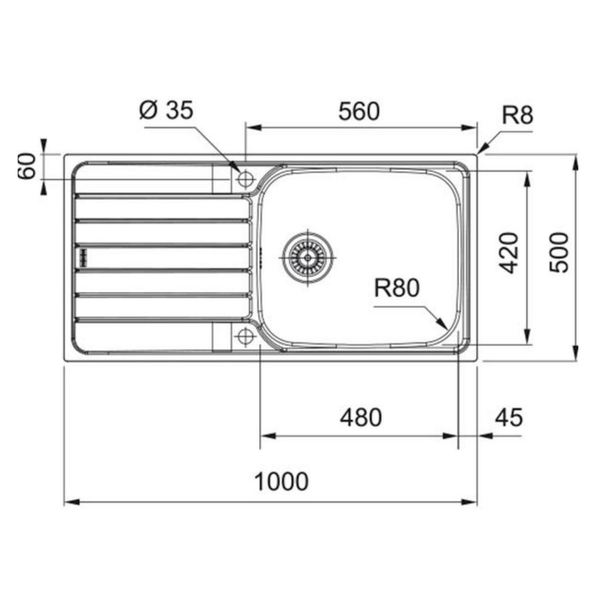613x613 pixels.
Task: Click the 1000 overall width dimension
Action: [x=281, y=481]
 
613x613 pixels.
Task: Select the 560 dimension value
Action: [x=359, y=112]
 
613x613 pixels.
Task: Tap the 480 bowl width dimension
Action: [x=361, y=417]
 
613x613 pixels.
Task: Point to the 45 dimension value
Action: [x=509, y=417]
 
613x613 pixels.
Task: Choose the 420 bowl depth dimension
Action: [x=508, y=252]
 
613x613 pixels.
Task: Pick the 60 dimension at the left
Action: [x=28, y=166]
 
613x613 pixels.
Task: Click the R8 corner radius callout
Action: [x=517, y=115]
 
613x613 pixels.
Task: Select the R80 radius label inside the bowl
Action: [x=396, y=289]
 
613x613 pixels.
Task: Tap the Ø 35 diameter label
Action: [x=167, y=110]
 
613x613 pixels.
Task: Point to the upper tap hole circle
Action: [x=246, y=179]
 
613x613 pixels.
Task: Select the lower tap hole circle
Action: [x=246, y=336]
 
